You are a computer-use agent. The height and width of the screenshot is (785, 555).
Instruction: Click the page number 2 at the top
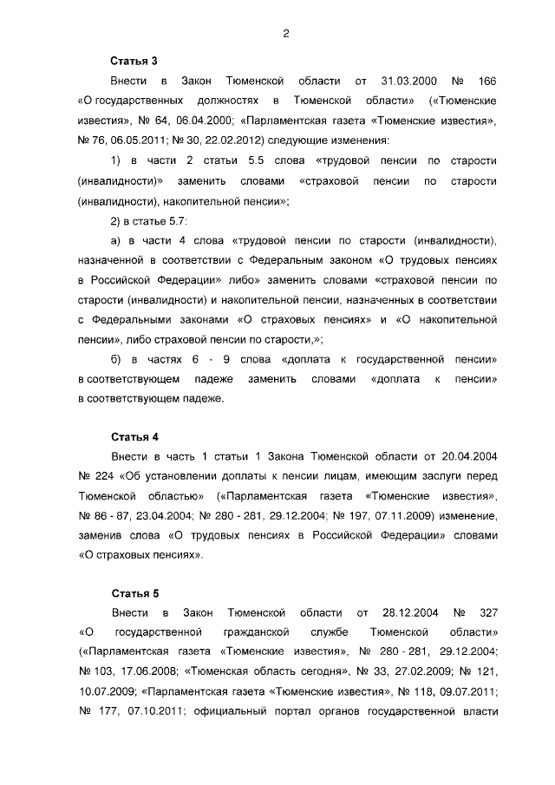pyautogui.click(x=284, y=34)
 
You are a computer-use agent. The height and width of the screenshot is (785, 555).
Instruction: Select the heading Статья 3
pyautogui.click(x=134, y=61)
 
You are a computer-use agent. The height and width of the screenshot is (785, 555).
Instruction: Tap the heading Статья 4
pyautogui.click(x=134, y=435)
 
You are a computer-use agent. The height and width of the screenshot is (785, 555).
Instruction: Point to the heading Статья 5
pyautogui.click(x=134, y=593)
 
